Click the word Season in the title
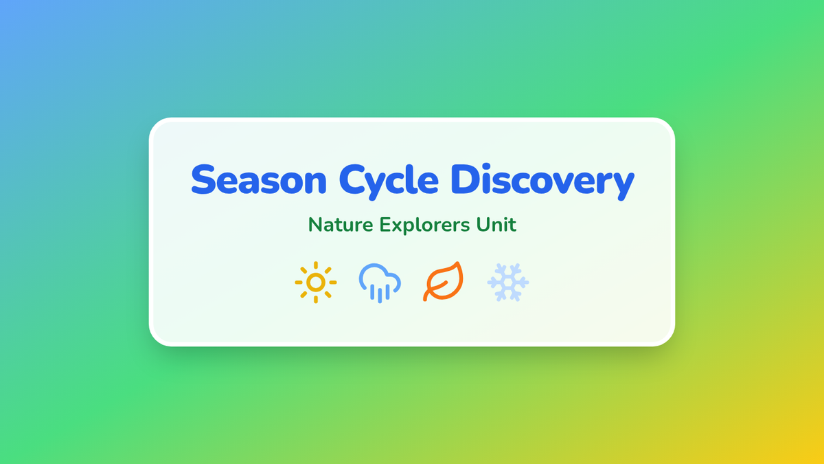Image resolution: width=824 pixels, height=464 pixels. (259, 179)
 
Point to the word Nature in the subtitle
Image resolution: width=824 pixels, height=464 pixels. (341, 225)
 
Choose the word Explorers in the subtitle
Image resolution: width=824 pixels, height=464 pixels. (425, 225)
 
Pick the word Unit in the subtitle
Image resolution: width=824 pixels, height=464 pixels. (496, 225)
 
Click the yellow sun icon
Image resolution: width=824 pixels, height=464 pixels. (316, 283)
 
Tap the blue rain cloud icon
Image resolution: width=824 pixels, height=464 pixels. (380, 283)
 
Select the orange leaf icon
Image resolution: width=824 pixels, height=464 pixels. (444, 281)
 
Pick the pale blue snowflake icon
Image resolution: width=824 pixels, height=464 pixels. (508, 283)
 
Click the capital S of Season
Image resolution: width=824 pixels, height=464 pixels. (203, 179)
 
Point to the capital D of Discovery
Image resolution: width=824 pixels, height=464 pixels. (465, 179)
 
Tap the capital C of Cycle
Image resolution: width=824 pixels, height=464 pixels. (352, 179)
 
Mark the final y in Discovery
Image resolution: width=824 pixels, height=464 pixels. (621, 187)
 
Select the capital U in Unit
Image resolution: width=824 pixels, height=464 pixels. (483, 225)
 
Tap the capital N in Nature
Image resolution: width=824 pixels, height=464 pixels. (315, 225)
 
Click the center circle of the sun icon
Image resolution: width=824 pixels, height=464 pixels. (316, 283)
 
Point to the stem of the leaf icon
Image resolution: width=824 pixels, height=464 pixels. (434, 290)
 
